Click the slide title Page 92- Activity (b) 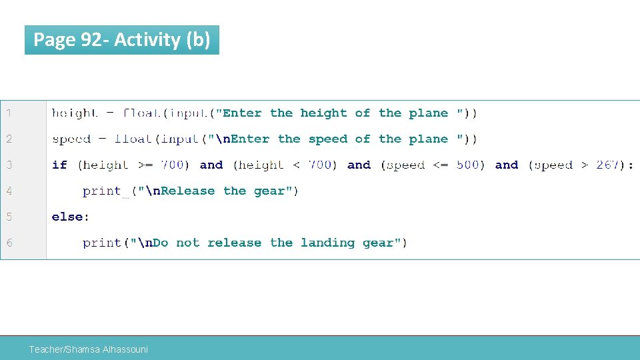[121, 40]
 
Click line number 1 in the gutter [9, 113]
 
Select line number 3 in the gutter [9, 165]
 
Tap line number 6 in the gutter [9, 243]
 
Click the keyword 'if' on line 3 [59, 165]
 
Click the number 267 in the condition [607, 165]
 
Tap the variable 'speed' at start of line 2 [71, 139]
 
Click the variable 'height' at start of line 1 [75, 113]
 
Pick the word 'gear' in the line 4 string [269, 191]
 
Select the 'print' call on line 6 [101, 243]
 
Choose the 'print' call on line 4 [101, 191]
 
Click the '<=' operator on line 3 [440, 165]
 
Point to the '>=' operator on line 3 [145, 165]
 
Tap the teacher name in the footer [89, 349]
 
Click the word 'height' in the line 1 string [323, 113]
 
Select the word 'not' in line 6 [187, 243]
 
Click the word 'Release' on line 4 [188, 191]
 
